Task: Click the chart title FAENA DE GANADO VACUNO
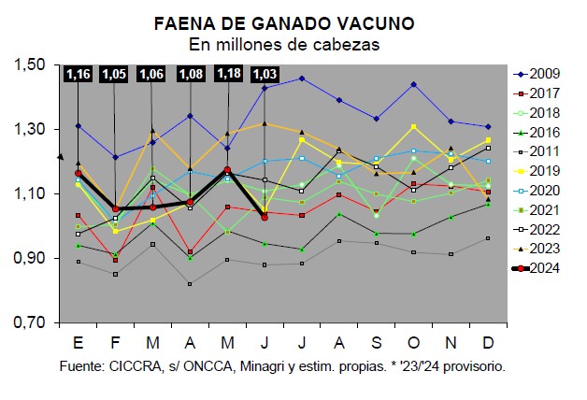(x=284, y=21)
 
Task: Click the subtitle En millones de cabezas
(x=284, y=43)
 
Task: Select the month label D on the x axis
(x=488, y=339)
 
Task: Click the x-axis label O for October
(x=413, y=339)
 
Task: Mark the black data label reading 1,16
(x=78, y=74)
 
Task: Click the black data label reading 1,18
(x=228, y=74)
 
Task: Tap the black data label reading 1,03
(x=265, y=74)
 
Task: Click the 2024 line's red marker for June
(x=265, y=217)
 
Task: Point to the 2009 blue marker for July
(x=302, y=79)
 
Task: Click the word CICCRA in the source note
(x=143, y=366)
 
